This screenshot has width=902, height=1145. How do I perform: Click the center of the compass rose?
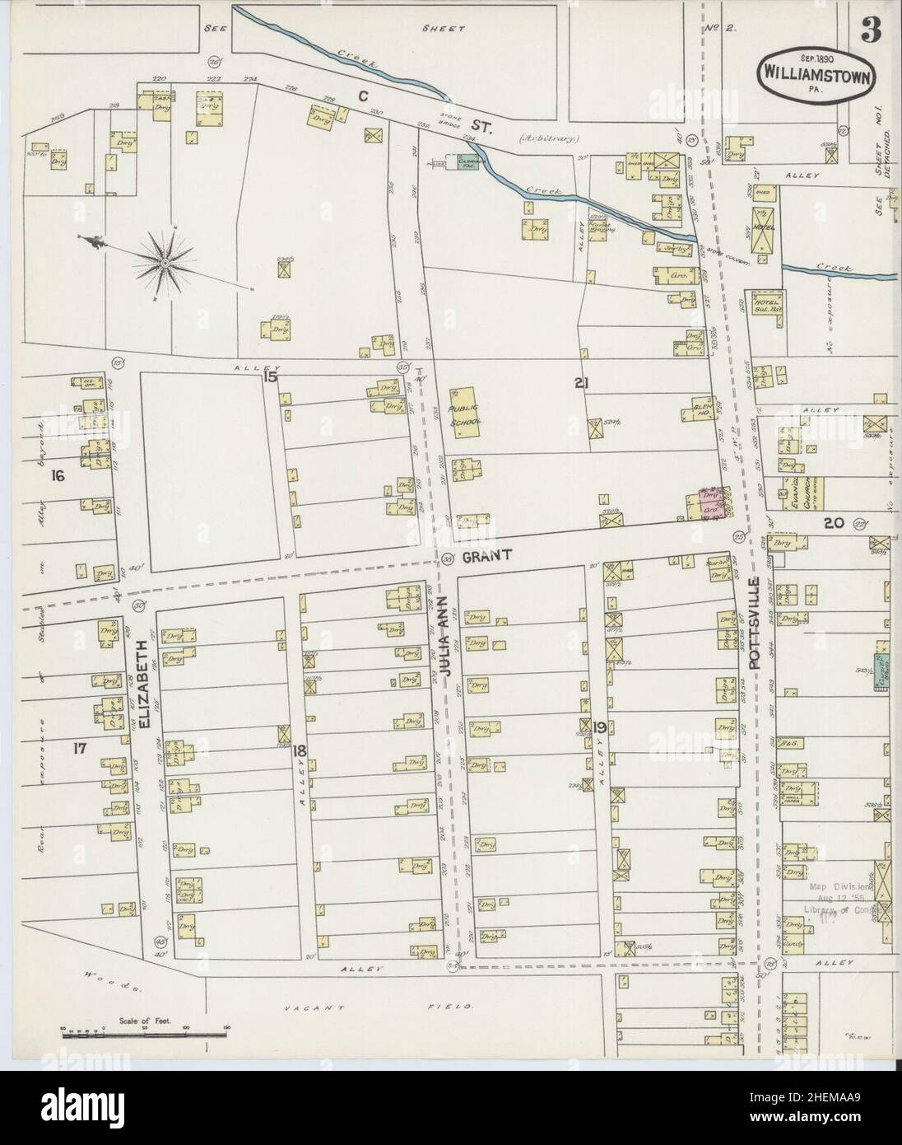[x=165, y=263]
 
